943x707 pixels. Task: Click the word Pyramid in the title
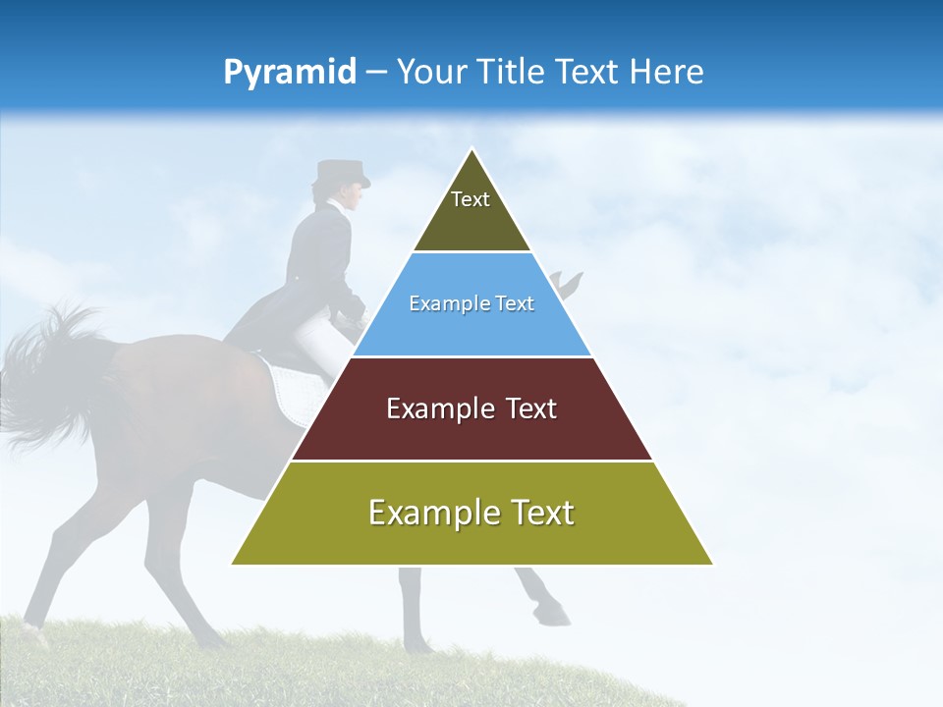(x=289, y=73)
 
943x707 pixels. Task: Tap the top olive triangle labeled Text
(x=471, y=211)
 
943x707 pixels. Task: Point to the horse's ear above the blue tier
(x=570, y=283)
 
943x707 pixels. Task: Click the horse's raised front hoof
(x=553, y=615)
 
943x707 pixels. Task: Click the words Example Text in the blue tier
(x=471, y=303)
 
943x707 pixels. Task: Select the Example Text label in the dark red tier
(x=471, y=408)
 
